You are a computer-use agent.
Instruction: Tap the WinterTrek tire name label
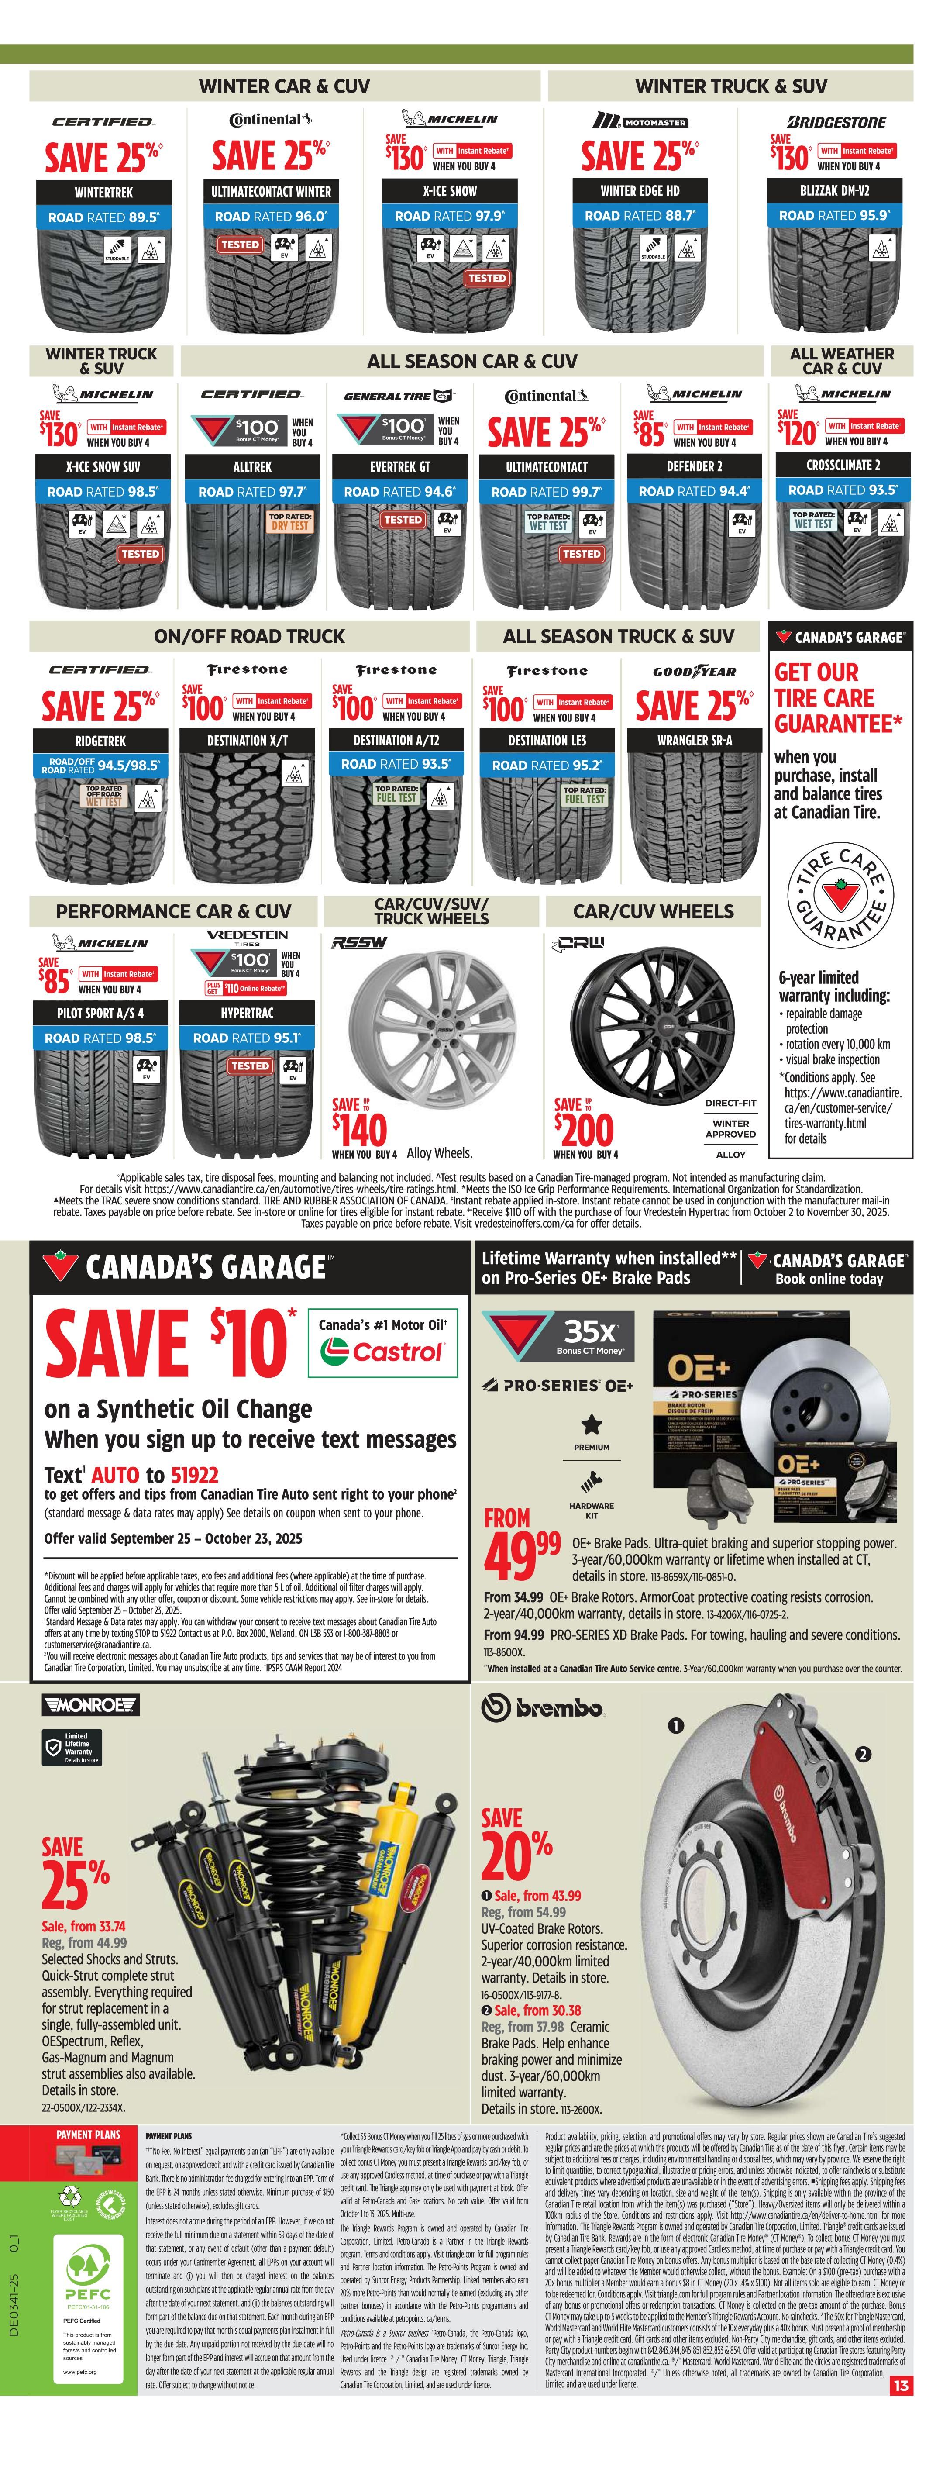[104, 192]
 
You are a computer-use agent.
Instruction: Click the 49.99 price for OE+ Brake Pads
[522, 1554]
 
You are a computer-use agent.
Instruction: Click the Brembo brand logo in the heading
[543, 1708]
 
